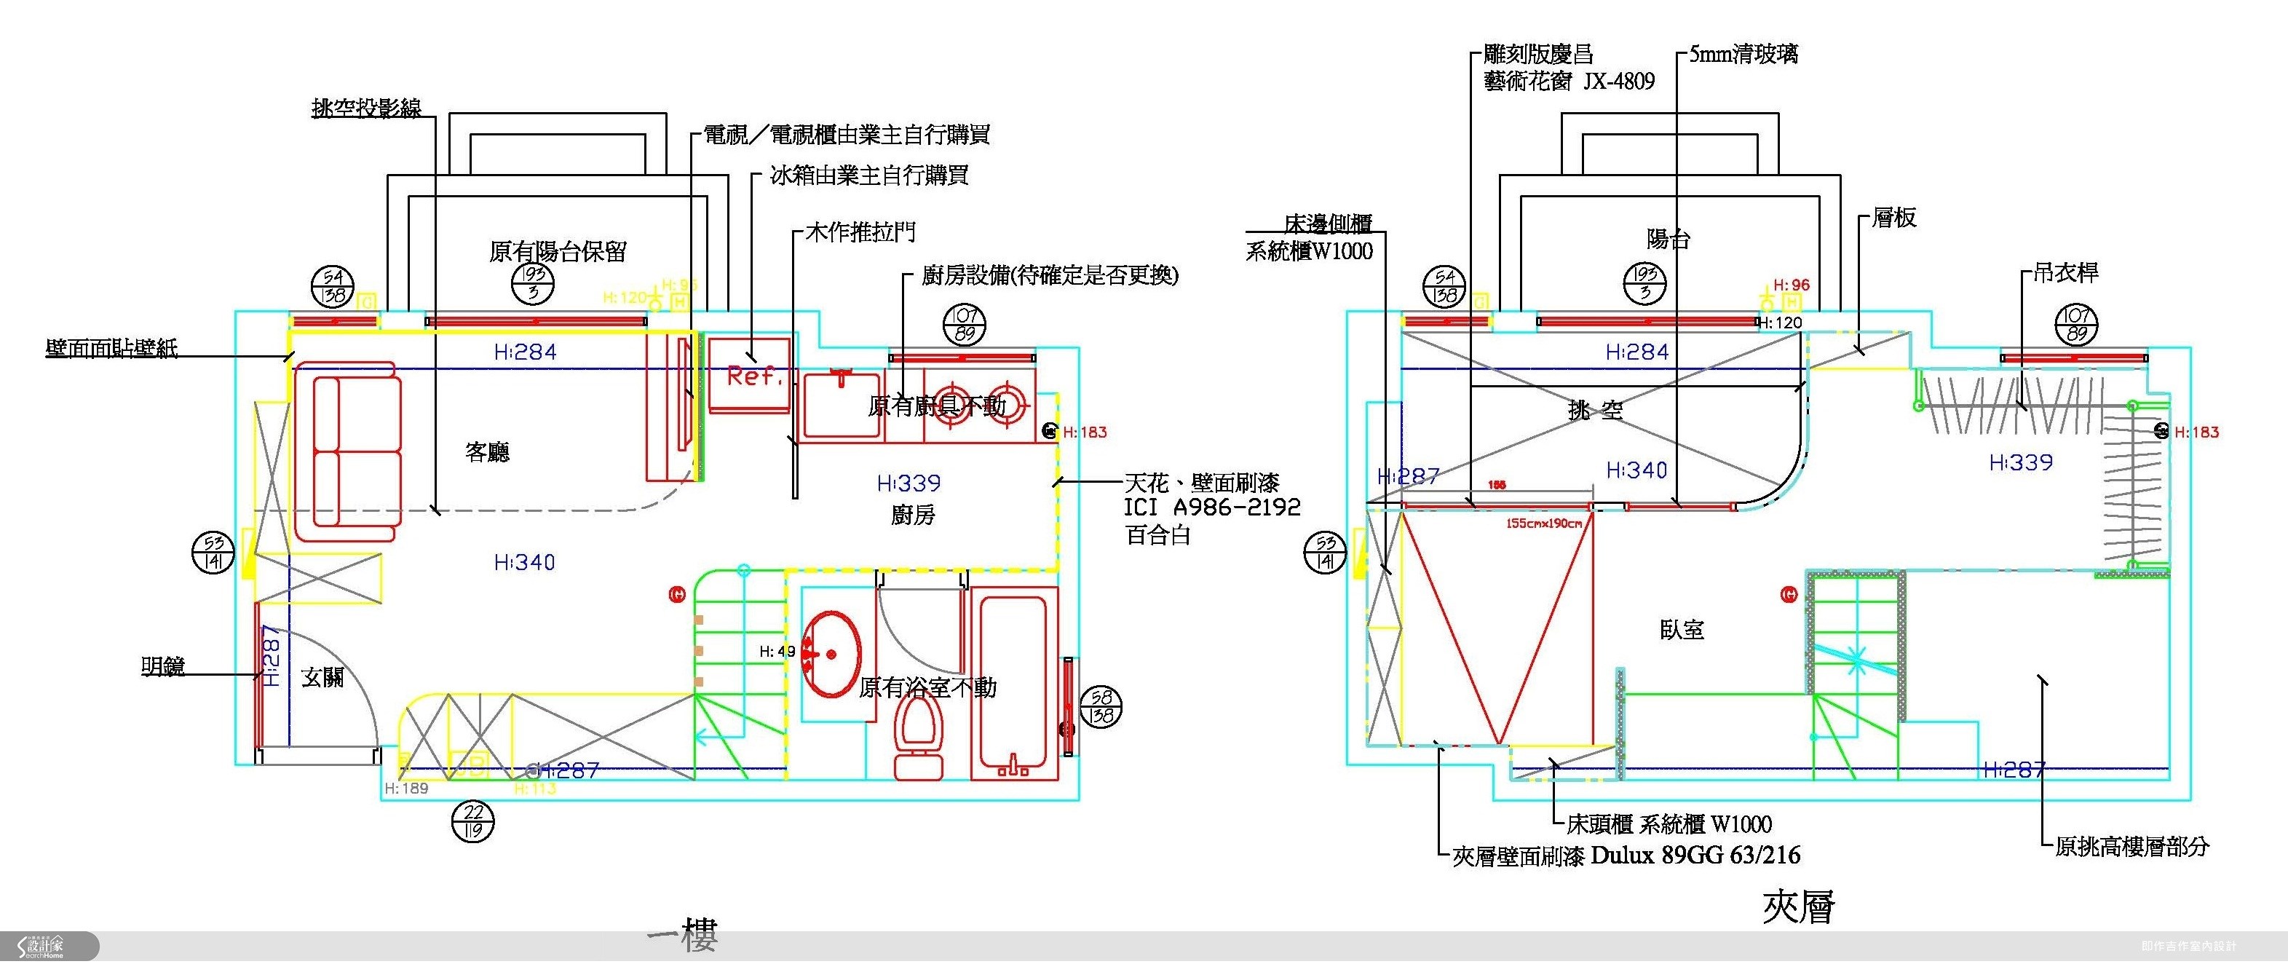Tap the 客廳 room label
pos(488,452)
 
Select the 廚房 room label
pos(913,515)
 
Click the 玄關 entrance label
pos(322,678)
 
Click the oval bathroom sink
pos(831,655)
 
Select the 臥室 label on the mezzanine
pos(1682,630)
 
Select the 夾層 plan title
pos(1799,907)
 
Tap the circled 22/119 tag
pos(472,822)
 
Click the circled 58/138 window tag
pos(1101,707)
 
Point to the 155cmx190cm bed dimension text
pos(1544,524)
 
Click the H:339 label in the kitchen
pos(909,483)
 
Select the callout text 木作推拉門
pos(860,233)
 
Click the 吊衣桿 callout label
pos(2066,273)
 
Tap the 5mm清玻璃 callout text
pos(1743,54)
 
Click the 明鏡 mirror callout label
pos(163,665)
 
